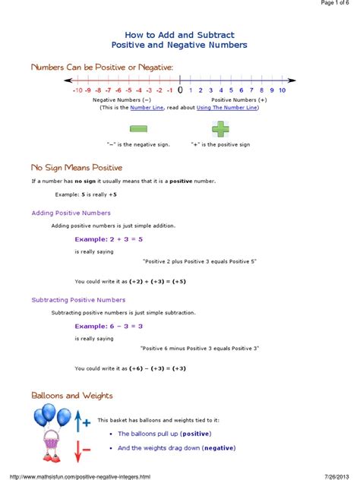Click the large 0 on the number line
(x=180, y=90)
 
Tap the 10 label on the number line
(x=282, y=90)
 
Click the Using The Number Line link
(x=227, y=108)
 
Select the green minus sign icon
(x=138, y=130)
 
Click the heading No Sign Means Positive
(x=77, y=167)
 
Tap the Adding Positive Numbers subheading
(x=71, y=213)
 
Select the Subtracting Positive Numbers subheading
(x=78, y=300)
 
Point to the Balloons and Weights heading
(x=72, y=396)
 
